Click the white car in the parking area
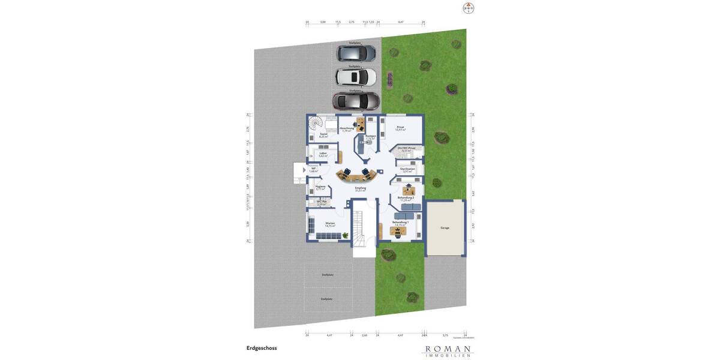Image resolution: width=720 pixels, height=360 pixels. [356, 77]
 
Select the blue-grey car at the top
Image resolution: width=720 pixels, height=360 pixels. [356, 53]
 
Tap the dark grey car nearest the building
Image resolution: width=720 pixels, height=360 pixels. [356, 100]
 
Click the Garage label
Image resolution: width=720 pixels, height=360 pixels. [445, 228]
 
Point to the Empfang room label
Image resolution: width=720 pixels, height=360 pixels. [360, 188]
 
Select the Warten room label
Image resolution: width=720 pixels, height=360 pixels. [330, 224]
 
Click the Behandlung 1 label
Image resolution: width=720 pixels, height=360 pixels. [400, 223]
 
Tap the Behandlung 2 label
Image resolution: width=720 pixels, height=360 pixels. [406, 198]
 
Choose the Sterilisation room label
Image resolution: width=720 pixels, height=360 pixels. [407, 169]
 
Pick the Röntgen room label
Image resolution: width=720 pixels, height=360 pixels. [371, 136]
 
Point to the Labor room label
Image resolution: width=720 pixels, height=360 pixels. [323, 154]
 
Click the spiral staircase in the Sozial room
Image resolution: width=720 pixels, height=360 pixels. [315, 125]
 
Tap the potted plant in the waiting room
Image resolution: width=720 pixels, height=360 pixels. [346, 235]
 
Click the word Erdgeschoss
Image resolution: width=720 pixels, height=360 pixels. [262, 348]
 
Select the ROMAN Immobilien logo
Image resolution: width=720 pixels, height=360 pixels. [448, 351]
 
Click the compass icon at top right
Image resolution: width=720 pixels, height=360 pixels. [469, 8]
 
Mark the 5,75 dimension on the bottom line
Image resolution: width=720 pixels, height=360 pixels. [445, 335]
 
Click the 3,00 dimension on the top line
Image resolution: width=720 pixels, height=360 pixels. [323, 22]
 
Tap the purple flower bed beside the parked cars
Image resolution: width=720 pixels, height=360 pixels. [389, 79]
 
